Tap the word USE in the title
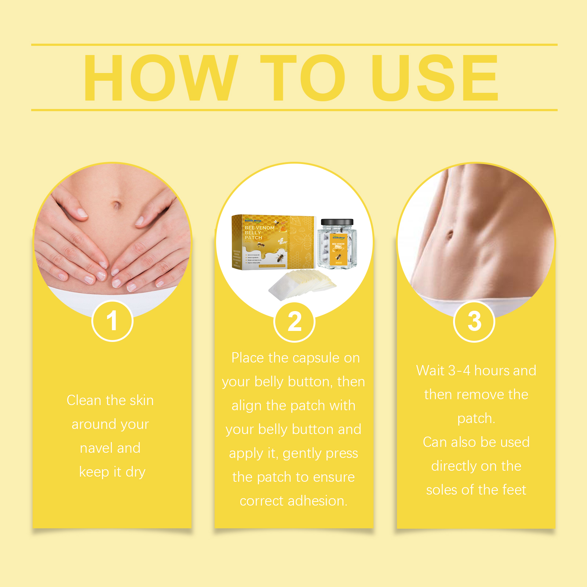(435, 78)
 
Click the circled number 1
(112, 321)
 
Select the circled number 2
(294, 322)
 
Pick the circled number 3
(474, 321)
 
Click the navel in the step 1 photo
(117, 204)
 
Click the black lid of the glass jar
(337, 222)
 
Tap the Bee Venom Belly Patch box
(273, 242)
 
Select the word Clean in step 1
(84, 400)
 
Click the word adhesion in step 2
(318, 501)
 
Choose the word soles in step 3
(442, 490)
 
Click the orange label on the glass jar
(338, 248)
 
